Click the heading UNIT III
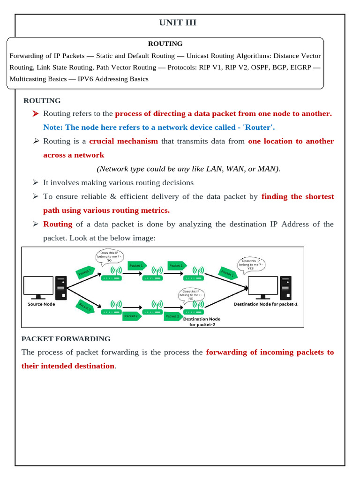coord(178,23)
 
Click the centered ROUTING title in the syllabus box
coord(165,44)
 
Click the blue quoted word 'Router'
coord(260,127)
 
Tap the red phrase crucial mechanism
coord(123,141)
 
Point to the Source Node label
coord(42,304)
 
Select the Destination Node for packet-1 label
coord(266,304)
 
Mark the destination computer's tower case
coord(285,287)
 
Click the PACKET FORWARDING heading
coord(66,338)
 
